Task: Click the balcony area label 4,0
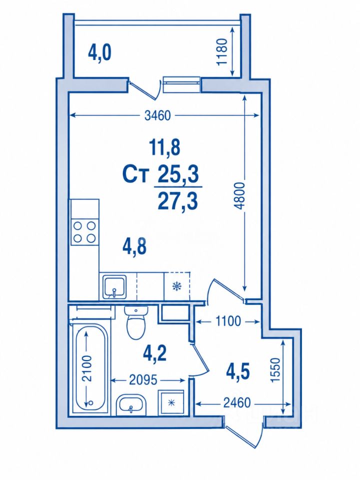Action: pyautogui.click(x=99, y=52)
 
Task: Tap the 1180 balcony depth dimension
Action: pyautogui.click(x=222, y=51)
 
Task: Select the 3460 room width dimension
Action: pyautogui.click(x=157, y=115)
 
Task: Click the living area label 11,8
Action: pyautogui.click(x=164, y=147)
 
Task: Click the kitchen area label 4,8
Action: pyautogui.click(x=134, y=246)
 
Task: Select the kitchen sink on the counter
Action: pyautogui.click(x=114, y=286)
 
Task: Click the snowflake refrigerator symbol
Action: pyautogui.click(x=177, y=286)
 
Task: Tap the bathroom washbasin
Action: pyautogui.click(x=131, y=404)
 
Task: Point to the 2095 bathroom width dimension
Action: pyautogui.click(x=143, y=380)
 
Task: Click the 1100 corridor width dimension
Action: pyautogui.click(x=228, y=321)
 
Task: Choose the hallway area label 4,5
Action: pyautogui.click(x=238, y=371)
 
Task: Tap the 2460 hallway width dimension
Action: pyautogui.click(x=237, y=403)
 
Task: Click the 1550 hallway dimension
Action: pyautogui.click(x=275, y=370)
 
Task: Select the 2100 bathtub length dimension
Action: pyautogui.click(x=87, y=368)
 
